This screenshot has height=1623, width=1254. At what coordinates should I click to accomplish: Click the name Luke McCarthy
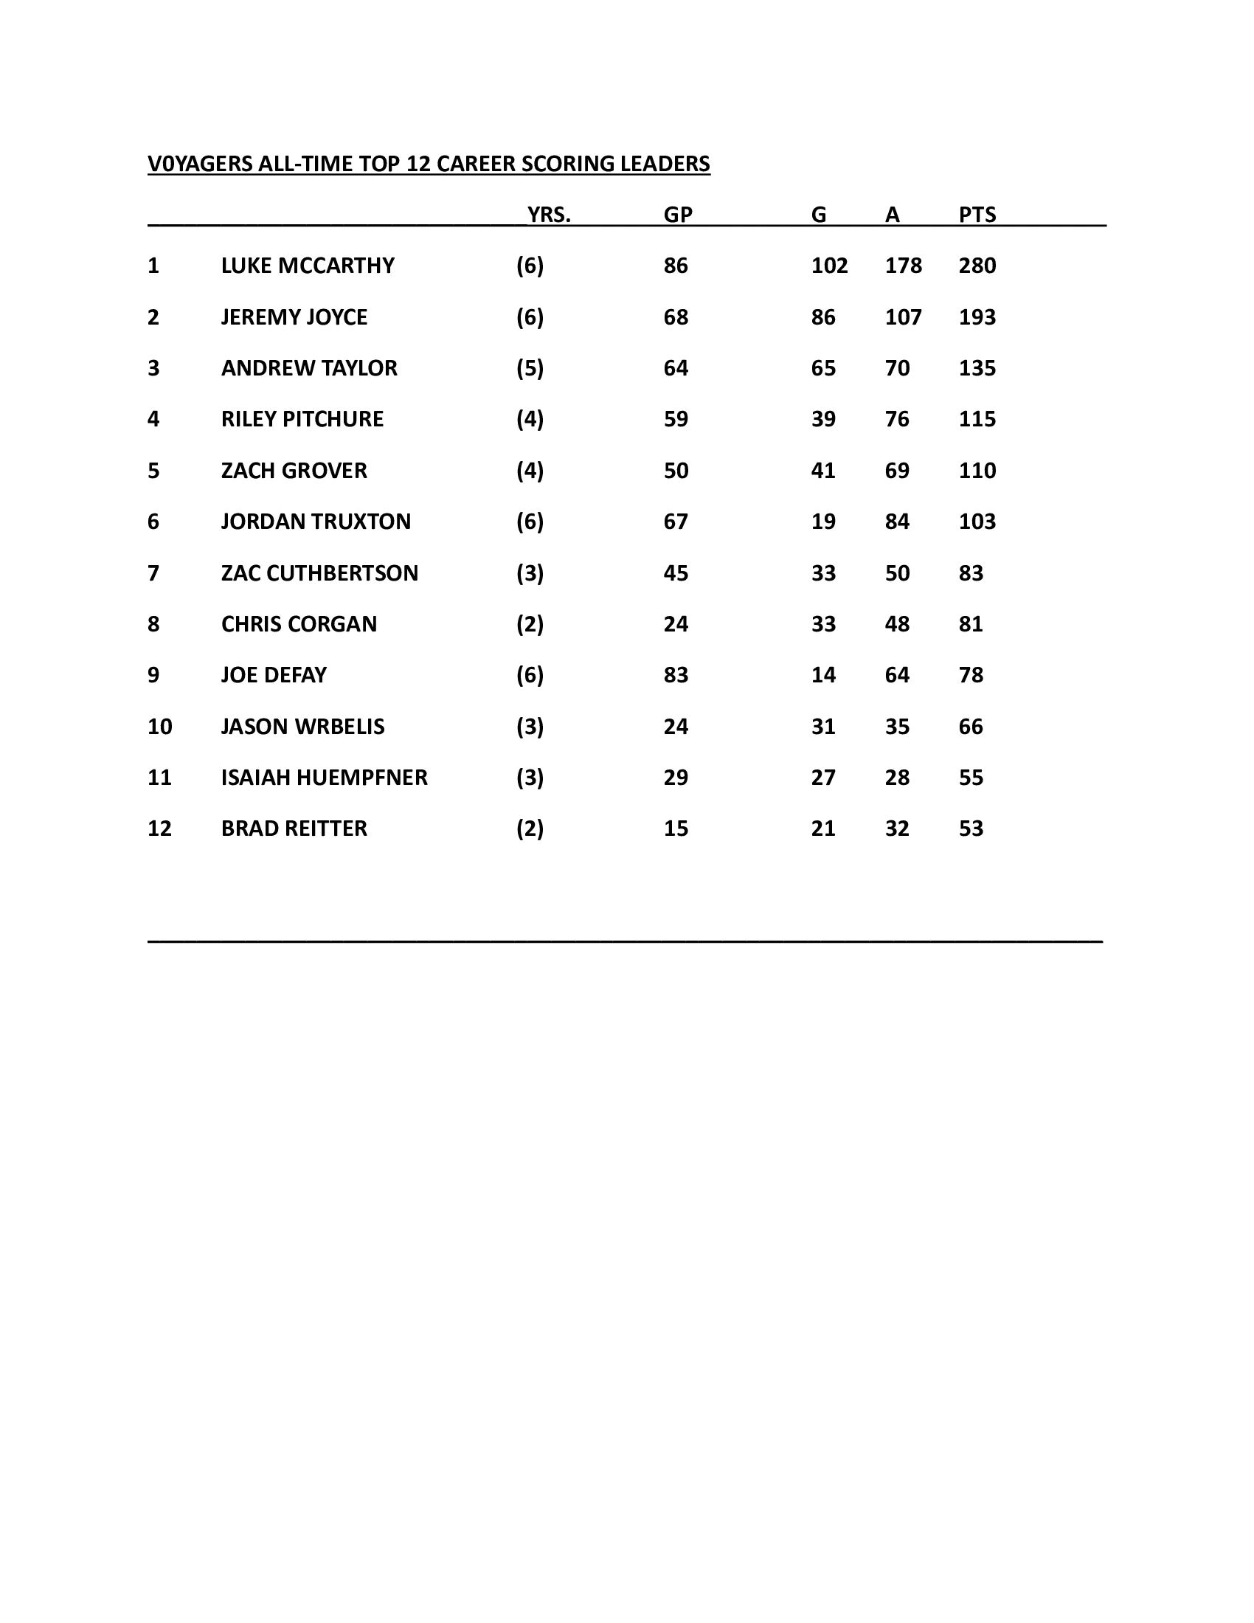pos(308,266)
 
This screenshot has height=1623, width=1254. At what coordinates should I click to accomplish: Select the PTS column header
pos(977,215)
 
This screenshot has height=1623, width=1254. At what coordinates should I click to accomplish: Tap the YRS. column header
pos(549,215)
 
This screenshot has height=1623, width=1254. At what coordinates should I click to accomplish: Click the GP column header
pos(677,215)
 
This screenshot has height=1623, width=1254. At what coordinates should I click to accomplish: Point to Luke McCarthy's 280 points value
pos(977,266)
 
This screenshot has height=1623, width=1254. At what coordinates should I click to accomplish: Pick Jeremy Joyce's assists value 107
pos(903,317)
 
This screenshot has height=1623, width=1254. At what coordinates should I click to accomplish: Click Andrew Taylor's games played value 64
pos(676,368)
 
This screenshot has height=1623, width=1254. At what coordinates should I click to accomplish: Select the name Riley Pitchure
pos(302,419)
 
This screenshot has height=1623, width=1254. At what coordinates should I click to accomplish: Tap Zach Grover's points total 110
pos(977,471)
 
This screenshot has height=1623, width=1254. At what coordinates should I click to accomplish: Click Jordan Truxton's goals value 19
pos(823,522)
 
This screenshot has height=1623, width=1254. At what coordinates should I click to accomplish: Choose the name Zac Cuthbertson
pos(319,573)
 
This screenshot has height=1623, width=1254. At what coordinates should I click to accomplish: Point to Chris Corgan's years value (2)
pos(530,624)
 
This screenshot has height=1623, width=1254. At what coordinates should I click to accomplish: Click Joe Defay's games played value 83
pos(676,675)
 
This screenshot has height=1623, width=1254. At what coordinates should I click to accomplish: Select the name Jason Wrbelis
pos(302,726)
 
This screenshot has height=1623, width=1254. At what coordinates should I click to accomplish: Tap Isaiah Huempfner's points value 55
pos(971,778)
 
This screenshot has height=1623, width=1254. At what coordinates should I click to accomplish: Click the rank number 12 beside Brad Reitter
pos(160,828)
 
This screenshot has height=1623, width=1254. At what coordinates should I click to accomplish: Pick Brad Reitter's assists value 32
pos(897,828)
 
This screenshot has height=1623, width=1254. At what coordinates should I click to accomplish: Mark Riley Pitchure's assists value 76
pos(897,419)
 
